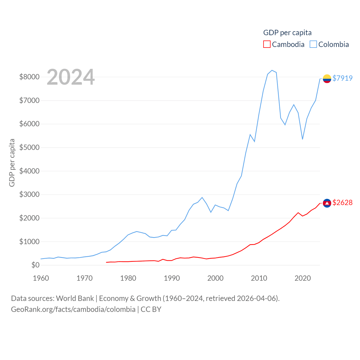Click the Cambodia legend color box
[x=267, y=44]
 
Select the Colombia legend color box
[x=313, y=44]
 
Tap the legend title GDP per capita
[x=287, y=33]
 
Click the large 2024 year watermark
[x=71, y=77]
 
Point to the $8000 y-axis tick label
[x=29, y=77]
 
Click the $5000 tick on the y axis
[x=29, y=147]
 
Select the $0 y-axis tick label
[x=35, y=265]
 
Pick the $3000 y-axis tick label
[x=29, y=194]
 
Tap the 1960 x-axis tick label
[x=41, y=278]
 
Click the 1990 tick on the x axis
[x=172, y=278]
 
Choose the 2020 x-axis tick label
[x=303, y=278]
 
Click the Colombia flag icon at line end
[x=327, y=79]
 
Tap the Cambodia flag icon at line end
[x=327, y=203]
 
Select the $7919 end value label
[x=342, y=78]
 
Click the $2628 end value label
[x=342, y=202]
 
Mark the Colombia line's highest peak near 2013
[x=272, y=70]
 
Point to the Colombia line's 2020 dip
[x=303, y=139]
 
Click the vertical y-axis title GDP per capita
[x=12, y=163]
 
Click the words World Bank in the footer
[x=75, y=298]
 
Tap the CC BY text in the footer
[x=151, y=309]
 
